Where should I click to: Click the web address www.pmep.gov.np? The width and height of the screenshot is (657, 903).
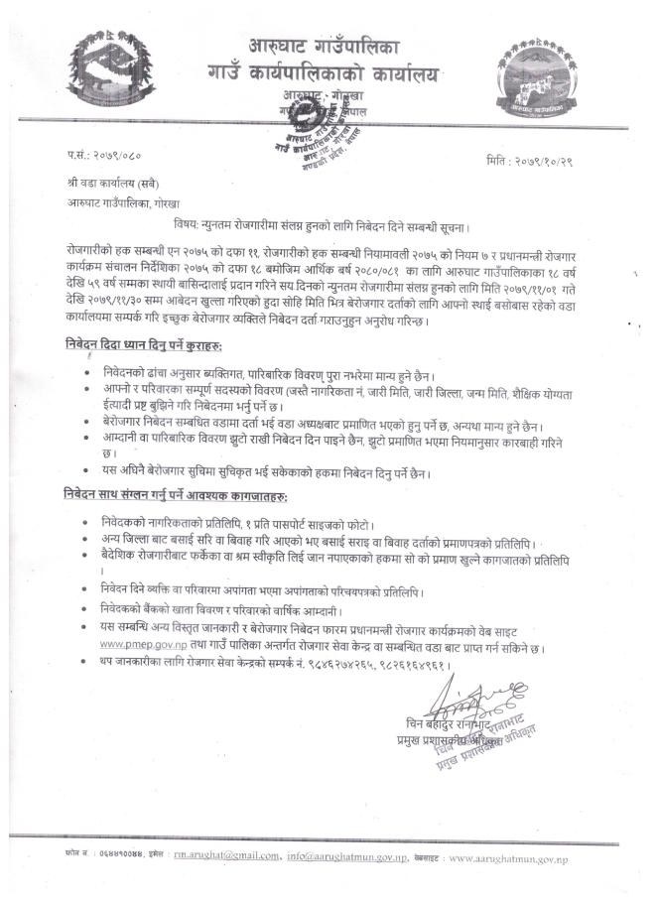click(139, 643)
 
